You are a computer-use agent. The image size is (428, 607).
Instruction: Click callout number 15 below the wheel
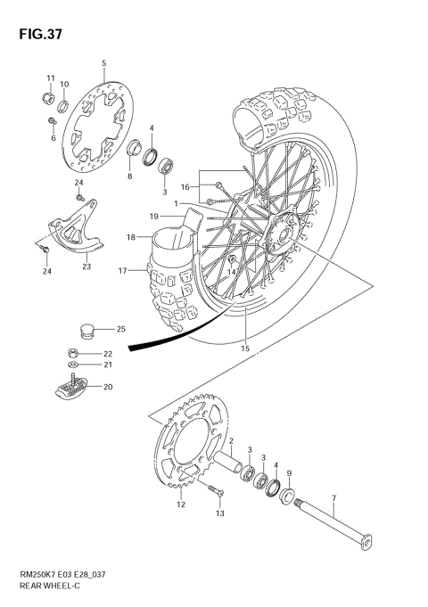pyautogui.click(x=244, y=349)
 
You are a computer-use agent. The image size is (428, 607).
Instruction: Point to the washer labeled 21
pyautogui.click(x=72, y=365)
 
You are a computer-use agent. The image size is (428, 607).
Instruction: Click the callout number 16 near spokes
pyautogui.click(x=185, y=187)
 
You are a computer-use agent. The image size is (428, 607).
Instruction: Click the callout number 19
pyautogui.click(x=154, y=217)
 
